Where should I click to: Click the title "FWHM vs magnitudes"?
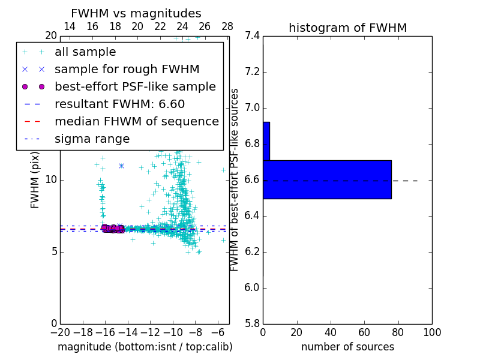136,13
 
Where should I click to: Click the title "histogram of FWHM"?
347,28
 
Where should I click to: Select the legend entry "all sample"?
85,52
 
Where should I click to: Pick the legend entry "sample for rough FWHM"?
127,70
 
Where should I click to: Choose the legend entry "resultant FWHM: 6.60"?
119,104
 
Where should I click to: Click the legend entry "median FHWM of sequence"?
136,122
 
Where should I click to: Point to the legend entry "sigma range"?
92,139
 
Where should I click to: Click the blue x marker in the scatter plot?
121,166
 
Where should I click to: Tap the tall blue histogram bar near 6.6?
327,179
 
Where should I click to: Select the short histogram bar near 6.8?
266,141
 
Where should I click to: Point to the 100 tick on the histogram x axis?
431,332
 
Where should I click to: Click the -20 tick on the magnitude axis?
60,332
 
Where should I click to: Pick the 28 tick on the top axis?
227,26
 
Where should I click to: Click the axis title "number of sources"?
347,347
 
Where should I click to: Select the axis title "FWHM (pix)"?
35,179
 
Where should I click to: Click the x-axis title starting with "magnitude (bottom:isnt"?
145,347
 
